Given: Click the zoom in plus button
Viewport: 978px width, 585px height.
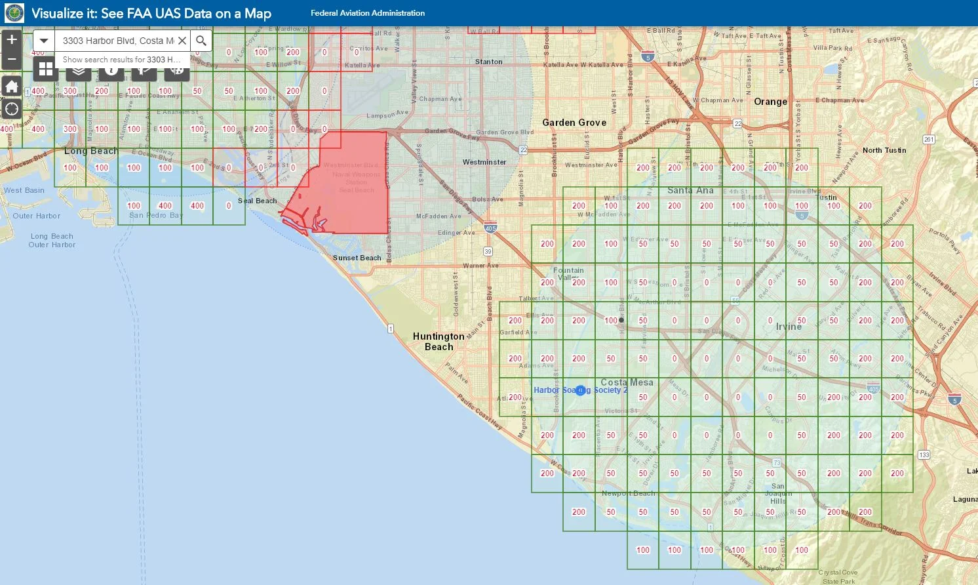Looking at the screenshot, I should click(x=12, y=39).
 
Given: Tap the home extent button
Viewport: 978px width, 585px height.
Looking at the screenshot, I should click(x=12, y=87).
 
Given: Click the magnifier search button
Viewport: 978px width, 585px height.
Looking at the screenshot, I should click(x=201, y=41).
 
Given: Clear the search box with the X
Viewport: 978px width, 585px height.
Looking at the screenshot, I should click(x=182, y=41).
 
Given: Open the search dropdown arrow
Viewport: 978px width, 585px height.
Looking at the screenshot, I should click(x=44, y=41).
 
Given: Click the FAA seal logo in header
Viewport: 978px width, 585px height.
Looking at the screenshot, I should click(x=14, y=13).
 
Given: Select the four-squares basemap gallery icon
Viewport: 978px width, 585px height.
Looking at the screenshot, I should click(x=46, y=68).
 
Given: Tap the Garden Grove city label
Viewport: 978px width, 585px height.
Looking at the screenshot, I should click(x=574, y=123).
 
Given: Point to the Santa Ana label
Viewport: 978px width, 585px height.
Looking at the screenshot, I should click(x=690, y=190).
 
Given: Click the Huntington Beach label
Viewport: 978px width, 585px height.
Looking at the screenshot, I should click(x=439, y=341).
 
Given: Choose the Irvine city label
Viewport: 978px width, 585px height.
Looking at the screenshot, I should click(x=789, y=327).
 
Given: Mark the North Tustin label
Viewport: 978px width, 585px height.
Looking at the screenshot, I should click(x=884, y=150).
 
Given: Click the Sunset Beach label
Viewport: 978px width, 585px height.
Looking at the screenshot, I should click(x=357, y=258).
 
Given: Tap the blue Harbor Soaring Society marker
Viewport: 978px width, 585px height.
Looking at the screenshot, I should click(x=580, y=390).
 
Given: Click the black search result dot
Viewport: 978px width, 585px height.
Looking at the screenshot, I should click(x=621, y=320).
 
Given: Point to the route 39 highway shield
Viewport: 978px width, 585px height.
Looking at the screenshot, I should click(x=488, y=251).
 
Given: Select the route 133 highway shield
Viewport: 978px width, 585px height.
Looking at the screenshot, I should click(x=924, y=454).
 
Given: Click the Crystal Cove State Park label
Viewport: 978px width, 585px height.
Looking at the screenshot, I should click(x=838, y=576).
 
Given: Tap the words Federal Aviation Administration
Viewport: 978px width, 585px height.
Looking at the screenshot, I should click(x=368, y=13).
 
